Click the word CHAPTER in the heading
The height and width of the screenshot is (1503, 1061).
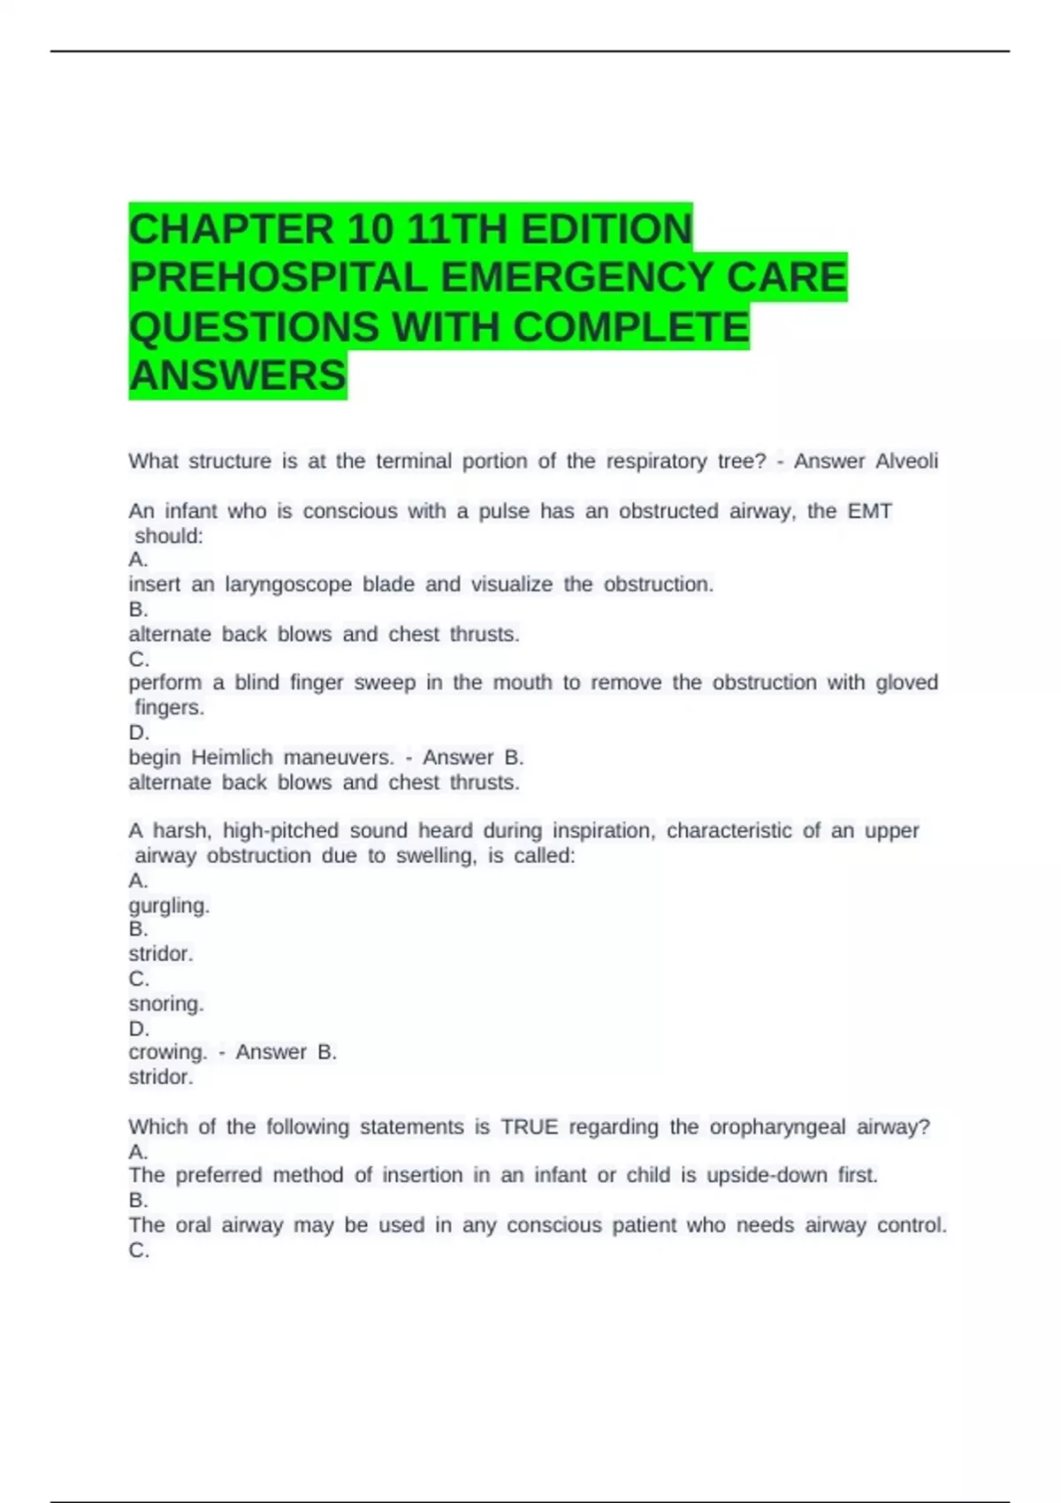click(231, 229)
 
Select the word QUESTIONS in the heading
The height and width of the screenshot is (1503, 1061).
click(254, 327)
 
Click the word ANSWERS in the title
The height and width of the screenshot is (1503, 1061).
click(238, 376)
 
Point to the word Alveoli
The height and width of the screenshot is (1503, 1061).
click(906, 462)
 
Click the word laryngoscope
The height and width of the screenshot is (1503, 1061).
click(288, 584)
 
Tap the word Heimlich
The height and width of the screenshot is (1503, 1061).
click(233, 758)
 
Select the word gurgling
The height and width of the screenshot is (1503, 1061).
click(169, 906)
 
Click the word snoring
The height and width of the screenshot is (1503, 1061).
click(166, 1004)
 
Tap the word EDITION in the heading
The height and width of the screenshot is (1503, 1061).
click(607, 229)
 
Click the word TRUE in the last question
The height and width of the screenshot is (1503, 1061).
click(529, 1127)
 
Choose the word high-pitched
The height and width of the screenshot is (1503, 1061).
click(280, 831)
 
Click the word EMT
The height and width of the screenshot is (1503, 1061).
click(870, 511)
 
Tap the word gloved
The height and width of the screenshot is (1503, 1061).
click(906, 683)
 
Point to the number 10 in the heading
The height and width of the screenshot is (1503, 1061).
click(370, 229)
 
